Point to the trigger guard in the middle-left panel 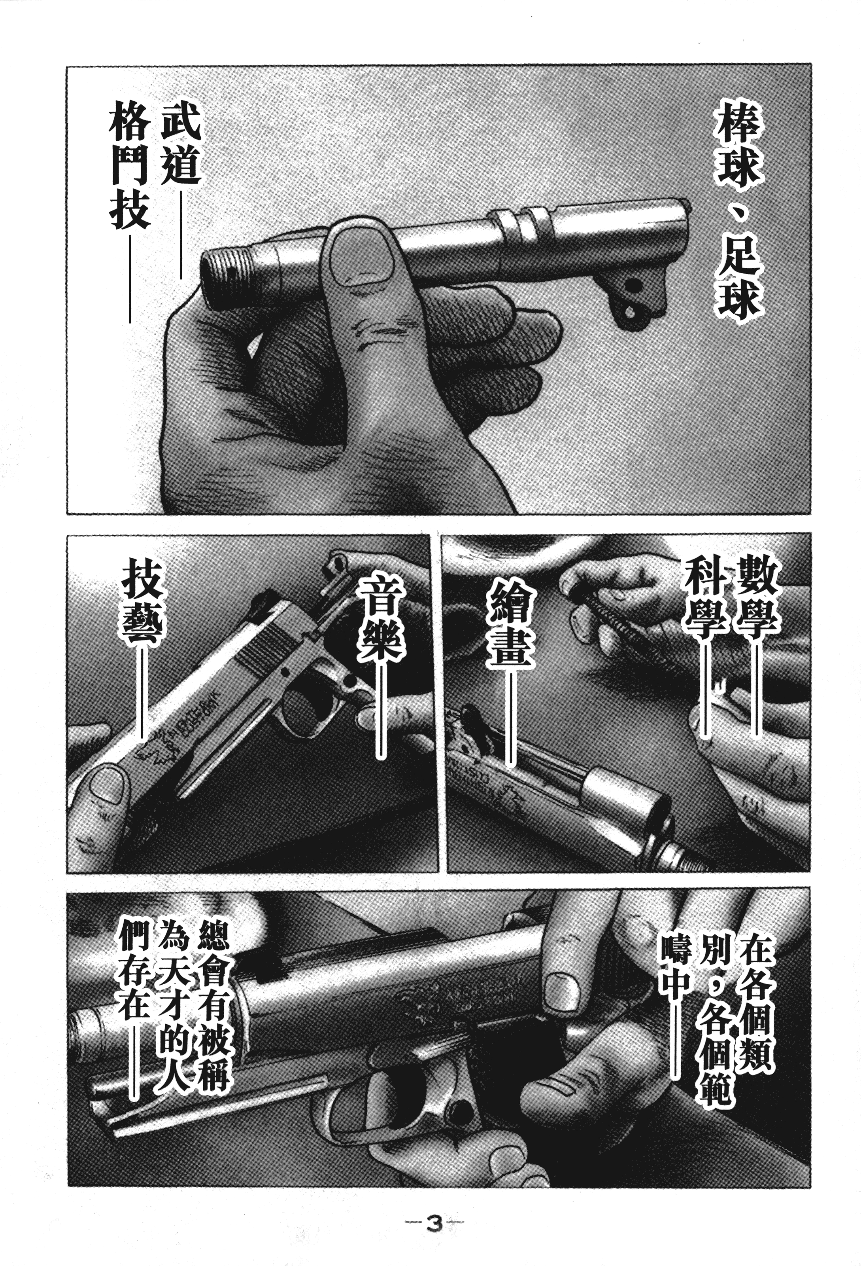click(x=305, y=703)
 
